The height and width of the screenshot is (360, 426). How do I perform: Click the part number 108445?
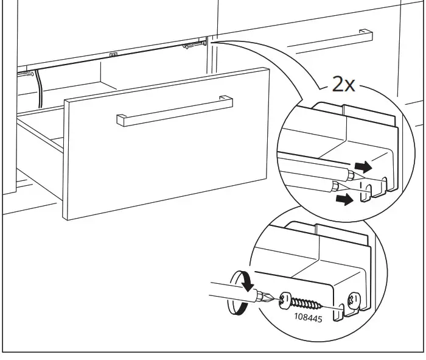pyautogui.click(x=308, y=317)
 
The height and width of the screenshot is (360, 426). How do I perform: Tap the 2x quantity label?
pyautogui.click(x=343, y=84)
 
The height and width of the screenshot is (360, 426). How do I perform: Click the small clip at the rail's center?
pyautogui.click(x=113, y=54)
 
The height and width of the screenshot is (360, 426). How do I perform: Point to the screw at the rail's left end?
pyautogui.click(x=26, y=74)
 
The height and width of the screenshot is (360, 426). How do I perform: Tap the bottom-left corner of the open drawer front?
pyautogui.click(x=63, y=217)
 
